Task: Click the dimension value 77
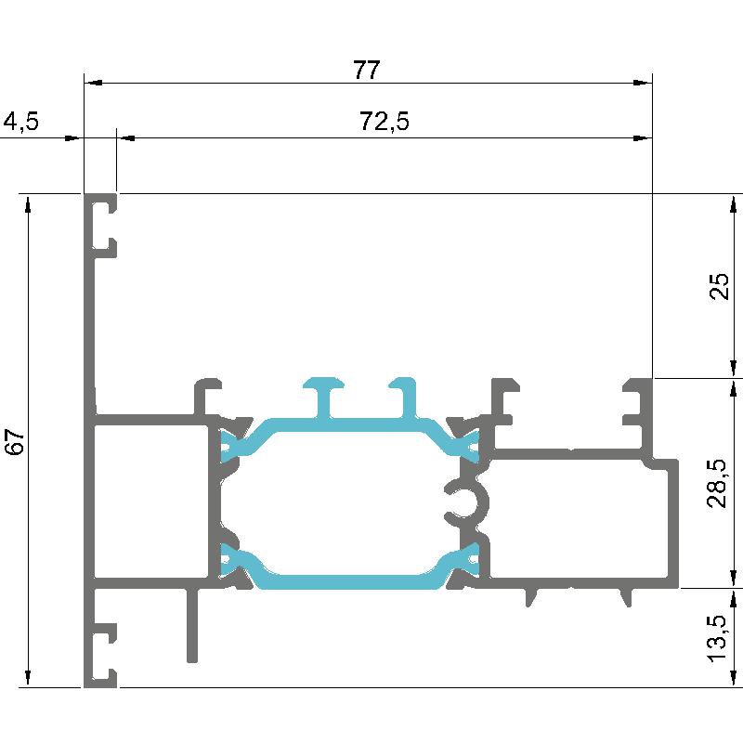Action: pos(366,71)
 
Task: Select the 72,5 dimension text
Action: pos(384,122)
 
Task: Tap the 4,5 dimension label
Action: pos(20,122)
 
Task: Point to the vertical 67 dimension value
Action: pos(15,442)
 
